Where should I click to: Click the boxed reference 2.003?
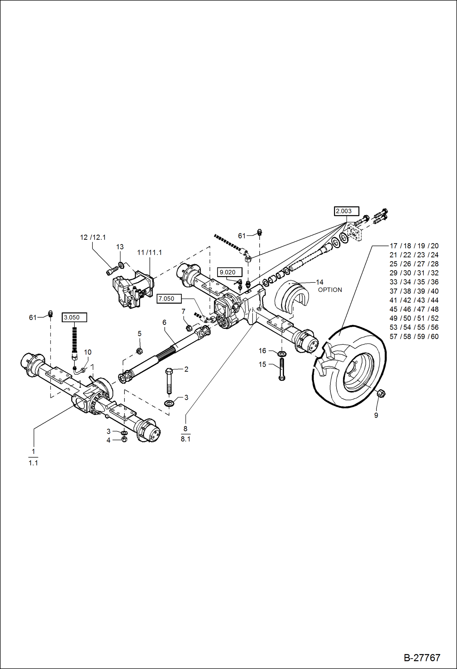coord(346,211)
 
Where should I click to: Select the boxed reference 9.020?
coord(229,272)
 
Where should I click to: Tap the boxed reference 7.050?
coord(169,299)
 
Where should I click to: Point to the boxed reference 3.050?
coord(74,317)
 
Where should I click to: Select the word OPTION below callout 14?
coord(330,290)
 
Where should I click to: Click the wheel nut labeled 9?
coord(381,393)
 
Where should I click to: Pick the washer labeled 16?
coord(282,354)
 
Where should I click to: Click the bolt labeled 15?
coord(282,369)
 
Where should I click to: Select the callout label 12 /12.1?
coord(93,237)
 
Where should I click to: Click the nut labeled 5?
coord(139,351)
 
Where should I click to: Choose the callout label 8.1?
coord(185,439)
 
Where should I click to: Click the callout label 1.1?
coord(33,463)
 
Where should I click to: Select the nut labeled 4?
coord(124,439)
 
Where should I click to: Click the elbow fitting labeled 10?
coord(80,371)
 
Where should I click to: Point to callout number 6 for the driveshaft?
coord(164,322)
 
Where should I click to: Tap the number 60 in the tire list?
coord(434,336)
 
